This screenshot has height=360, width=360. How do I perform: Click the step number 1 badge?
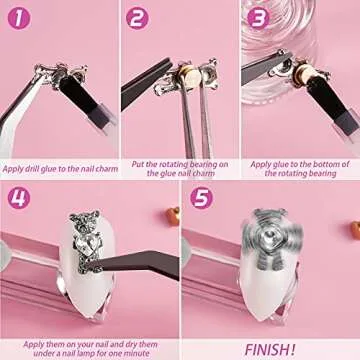16,17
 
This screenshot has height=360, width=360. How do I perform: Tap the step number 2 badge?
137,17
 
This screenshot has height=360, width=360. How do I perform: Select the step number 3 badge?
257,17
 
